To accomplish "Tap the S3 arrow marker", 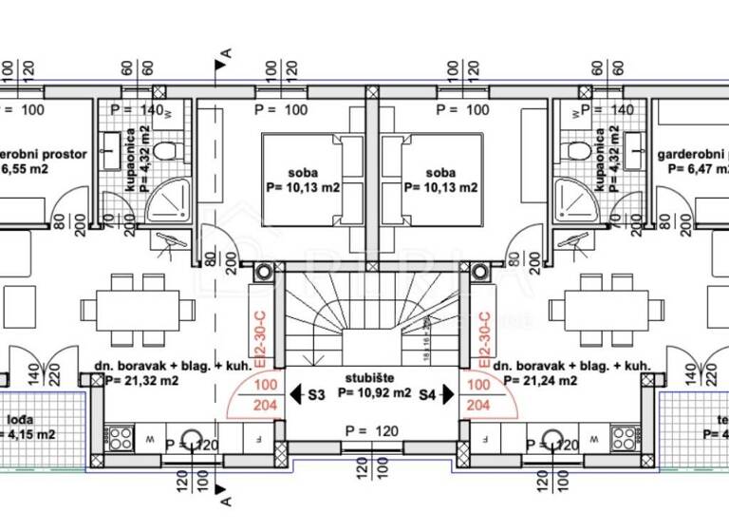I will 308,391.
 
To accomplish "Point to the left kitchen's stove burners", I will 120,438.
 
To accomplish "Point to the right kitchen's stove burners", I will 623,438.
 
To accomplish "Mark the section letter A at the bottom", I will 224,496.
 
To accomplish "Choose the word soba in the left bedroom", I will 303,172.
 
